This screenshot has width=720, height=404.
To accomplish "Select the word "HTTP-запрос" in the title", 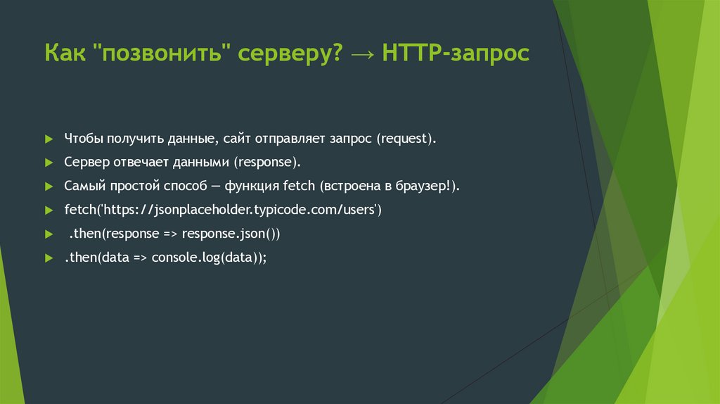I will pyautogui.click(x=456, y=53).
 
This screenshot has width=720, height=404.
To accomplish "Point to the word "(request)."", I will pyautogui.click(x=406, y=139).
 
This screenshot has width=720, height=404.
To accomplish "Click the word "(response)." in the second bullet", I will pyautogui.click(x=268, y=162).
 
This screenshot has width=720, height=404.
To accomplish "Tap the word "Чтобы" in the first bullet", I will pyautogui.click(x=83, y=138).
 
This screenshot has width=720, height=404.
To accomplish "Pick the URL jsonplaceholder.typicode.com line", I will pyautogui.click(x=223, y=210).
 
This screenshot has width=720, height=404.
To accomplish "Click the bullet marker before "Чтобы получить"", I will pyautogui.click(x=49, y=139).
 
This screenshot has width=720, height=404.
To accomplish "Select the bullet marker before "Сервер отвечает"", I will pyautogui.click(x=49, y=163).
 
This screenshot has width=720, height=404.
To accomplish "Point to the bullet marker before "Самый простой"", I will pyautogui.click(x=49, y=187).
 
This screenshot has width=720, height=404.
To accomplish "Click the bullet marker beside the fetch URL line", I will pyautogui.click(x=49, y=210).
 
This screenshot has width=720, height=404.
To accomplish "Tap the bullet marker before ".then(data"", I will pyautogui.click(x=49, y=258).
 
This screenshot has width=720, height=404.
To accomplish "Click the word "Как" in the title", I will pyautogui.click(x=64, y=53).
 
